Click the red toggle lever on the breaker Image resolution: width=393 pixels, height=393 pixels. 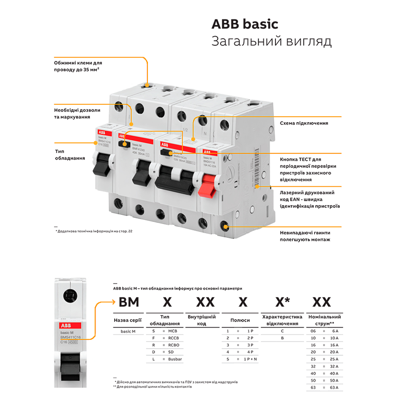(x=208, y=184)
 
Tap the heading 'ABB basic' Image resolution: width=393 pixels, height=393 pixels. (x=245, y=24)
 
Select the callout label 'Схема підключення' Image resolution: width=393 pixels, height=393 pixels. (x=304, y=123)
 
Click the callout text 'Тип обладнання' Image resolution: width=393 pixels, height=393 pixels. (x=70, y=155)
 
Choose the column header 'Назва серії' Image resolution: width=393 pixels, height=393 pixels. (x=128, y=320)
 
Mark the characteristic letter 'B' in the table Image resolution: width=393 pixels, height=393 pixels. (x=282, y=338)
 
